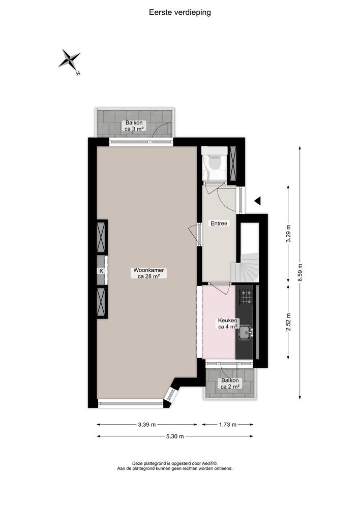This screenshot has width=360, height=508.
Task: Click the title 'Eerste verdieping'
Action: (x=180, y=13)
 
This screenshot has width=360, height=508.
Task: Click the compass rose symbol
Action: (x=70, y=59)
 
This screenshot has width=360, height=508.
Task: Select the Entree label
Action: (x=219, y=224)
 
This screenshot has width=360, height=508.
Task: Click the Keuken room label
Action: (x=226, y=324)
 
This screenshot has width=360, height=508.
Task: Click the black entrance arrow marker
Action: (x=257, y=201)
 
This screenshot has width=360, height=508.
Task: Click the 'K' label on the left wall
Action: (x=101, y=271)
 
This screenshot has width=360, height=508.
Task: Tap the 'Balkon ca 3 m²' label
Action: (x=135, y=126)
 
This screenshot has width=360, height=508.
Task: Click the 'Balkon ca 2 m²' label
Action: (x=230, y=384)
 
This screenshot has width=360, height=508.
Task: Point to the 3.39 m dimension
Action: (x=147, y=425)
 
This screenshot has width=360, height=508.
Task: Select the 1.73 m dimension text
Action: (x=227, y=425)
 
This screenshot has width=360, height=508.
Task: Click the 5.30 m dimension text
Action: (x=174, y=436)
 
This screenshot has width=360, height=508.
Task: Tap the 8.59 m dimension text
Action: (x=300, y=272)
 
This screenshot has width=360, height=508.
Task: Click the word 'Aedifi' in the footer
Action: (x=205, y=463)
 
